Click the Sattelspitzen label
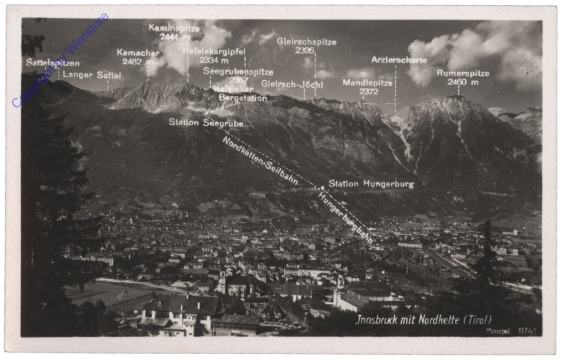pos(52,62)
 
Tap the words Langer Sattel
pos(92,74)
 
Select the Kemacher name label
pos(138,51)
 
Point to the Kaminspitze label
pos(176,28)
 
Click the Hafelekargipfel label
pos(214,49)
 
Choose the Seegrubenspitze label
pos(238,72)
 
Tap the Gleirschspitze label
pos(306,42)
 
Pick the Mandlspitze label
pos(367,82)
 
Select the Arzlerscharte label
pos(399,60)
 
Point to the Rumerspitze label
pos(463,73)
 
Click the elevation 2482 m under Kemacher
pos(137,61)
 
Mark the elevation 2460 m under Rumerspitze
pos(463,82)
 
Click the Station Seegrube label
pos(207,122)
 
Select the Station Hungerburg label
pos(371,184)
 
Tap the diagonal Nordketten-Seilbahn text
pos(262,159)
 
